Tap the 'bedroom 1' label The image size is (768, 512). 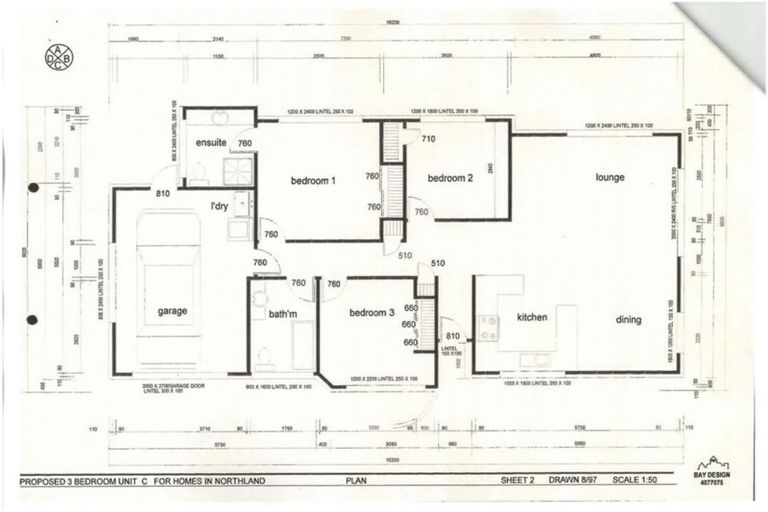pyautogui.click(x=313, y=181)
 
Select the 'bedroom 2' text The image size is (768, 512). pyautogui.click(x=450, y=179)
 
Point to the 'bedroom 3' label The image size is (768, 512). pyautogui.click(x=371, y=313)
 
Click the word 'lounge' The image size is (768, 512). pyautogui.click(x=610, y=177)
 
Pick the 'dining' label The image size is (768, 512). pyautogui.click(x=629, y=319)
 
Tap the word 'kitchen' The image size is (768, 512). pyautogui.click(x=531, y=318)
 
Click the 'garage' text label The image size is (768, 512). pyautogui.click(x=172, y=311)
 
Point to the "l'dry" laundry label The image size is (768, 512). pyautogui.click(x=220, y=206)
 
